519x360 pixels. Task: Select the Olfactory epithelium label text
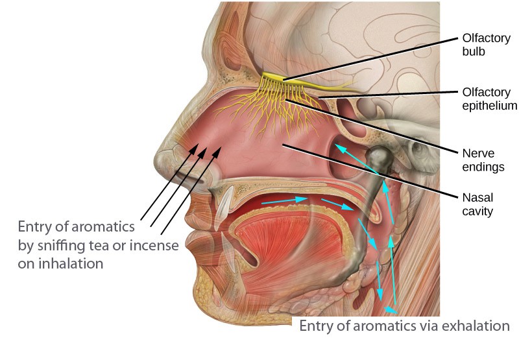click(490, 99)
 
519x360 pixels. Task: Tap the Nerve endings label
click(483, 160)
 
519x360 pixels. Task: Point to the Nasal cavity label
click(477, 204)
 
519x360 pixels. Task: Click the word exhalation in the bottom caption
click(476, 326)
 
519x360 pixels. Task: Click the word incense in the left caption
click(154, 246)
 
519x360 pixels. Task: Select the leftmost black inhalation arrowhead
click(193, 149)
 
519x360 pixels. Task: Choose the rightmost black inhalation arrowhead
click(217, 152)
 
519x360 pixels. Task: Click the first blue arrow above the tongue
click(285, 200)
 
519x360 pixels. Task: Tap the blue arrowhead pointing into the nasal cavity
click(340, 149)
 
